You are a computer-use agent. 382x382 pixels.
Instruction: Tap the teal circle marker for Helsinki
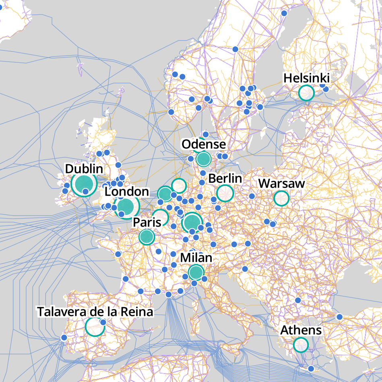(x=306, y=93)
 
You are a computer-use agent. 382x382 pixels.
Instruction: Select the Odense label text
(x=203, y=144)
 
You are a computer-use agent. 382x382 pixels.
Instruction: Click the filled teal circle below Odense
(x=204, y=159)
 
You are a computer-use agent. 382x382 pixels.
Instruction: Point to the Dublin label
(x=84, y=169)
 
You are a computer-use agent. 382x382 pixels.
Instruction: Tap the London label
(x=126, y=192)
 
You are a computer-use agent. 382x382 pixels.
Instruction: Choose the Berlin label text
(x=225, y=179)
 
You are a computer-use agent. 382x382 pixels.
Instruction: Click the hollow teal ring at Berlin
(x=225, y=193)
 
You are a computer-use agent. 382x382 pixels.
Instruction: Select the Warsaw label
(x=281, y=184)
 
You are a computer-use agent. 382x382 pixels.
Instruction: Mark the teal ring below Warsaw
(x=281, y=198)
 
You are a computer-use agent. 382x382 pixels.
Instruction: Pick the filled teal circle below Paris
(x=147, y=237)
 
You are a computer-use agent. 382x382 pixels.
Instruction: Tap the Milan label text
(x=196, y=258)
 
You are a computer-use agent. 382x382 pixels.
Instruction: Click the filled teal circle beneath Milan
(x=196, y=273)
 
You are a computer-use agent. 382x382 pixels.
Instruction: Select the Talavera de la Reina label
(x=95, y=312)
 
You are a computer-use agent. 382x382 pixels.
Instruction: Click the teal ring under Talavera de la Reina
(x=94, y=327)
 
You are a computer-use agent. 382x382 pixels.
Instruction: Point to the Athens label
(x=301, y=330)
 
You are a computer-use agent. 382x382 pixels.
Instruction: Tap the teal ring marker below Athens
(x=301, y=345)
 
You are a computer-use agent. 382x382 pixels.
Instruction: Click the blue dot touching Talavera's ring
(x=103, y=322)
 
